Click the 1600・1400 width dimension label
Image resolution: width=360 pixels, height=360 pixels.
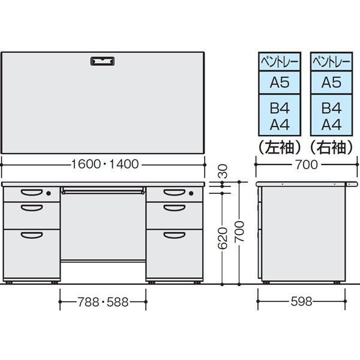[105, 164]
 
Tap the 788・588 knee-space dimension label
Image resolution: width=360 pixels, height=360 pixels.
[103, 302]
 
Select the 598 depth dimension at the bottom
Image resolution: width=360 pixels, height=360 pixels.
[301, 301]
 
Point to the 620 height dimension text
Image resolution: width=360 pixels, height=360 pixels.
[222, 238]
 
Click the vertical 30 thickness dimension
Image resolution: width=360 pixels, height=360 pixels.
[222, 171]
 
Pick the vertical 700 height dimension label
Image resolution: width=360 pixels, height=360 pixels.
[239, 232]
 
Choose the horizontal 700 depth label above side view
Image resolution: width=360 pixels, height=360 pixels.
[306, 164]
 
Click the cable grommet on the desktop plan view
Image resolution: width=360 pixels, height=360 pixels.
[103, 61]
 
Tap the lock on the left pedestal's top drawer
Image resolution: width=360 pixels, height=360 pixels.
[49, 194]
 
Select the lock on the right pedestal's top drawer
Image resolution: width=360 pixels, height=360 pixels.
[191, 194]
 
